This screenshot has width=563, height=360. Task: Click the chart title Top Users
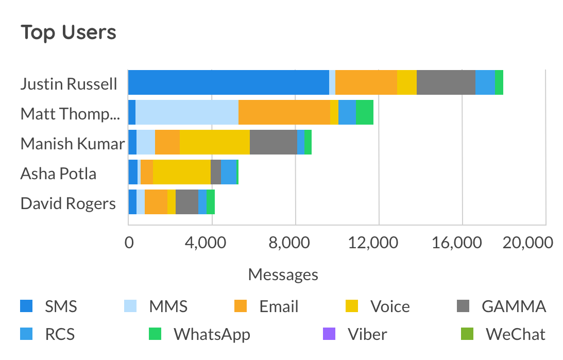(x=69, y=33)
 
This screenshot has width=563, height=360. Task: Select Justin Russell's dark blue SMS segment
(x=228, y=82)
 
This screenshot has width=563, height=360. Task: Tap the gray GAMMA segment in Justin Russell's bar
(x=446, y=82)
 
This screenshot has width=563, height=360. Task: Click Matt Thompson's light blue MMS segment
(x=187, y=112)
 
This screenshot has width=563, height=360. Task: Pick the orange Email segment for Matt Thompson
(x=284, y=112)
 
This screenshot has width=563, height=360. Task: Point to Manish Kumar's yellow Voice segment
(x=215, y=142)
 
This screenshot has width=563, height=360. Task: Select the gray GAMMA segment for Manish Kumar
(x=274, y=142)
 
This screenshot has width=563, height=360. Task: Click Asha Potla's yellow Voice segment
(x=182, y=172)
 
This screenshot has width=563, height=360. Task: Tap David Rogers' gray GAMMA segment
(x=187, y=202)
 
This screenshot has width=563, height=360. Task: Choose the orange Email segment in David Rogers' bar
(x=156, y=202)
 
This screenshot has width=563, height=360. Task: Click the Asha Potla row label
(x=58, y=174)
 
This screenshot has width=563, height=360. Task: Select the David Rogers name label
(x=68, y=203)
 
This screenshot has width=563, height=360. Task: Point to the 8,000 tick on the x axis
(x=295, y=243)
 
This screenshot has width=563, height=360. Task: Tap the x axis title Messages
(x=283, y=275)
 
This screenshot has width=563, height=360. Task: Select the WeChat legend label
(x=515, y=334)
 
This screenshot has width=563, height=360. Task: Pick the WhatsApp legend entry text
(x=212, y=334)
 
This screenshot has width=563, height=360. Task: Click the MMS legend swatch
(x=130, y=306)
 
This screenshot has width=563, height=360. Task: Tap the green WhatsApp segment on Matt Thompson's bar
(x=365, y=112)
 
